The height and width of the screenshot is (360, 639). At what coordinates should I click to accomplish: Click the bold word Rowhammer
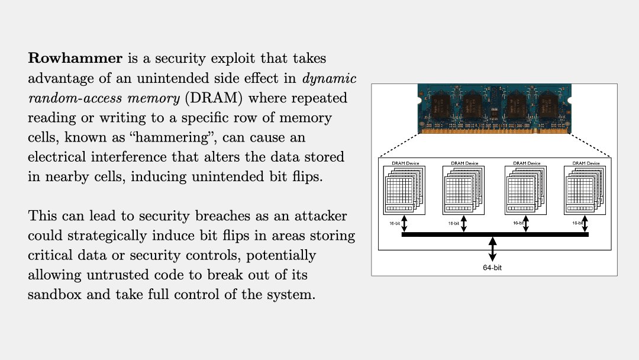coord(75,59)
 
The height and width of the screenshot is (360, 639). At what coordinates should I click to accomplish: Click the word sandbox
coord(56,294)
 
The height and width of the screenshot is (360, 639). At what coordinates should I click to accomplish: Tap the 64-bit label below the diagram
coord(492,268)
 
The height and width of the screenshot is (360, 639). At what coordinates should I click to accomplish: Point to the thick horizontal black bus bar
coord(495,234)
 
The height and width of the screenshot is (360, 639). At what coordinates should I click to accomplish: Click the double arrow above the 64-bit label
coord(492,249)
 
